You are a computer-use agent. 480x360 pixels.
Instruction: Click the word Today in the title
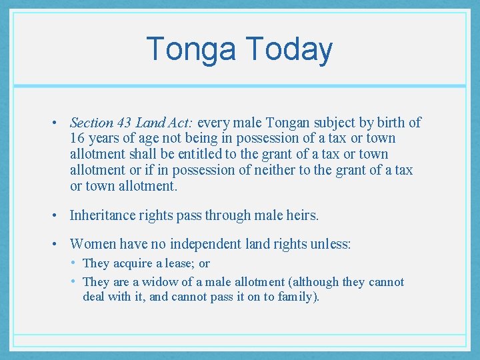point(289,50)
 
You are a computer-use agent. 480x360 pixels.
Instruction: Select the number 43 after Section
point(125,123)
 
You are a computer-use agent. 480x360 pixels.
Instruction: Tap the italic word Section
point(91,123)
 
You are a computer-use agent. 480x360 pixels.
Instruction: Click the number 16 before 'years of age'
point(77,139)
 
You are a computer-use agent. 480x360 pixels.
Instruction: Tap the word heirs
point(301,215)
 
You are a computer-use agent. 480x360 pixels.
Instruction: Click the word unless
point(329,245)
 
